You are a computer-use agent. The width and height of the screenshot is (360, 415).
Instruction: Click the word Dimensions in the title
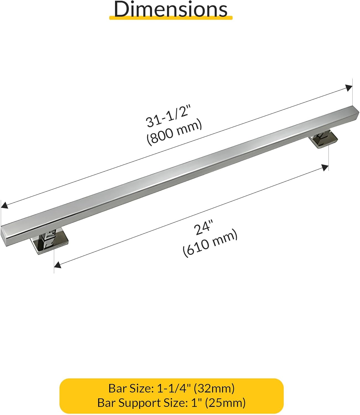171,9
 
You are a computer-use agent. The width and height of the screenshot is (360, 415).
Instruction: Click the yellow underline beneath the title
171,18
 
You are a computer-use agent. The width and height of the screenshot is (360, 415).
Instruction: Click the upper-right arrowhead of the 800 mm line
349,88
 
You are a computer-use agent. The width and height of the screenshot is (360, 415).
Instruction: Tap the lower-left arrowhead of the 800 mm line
4,205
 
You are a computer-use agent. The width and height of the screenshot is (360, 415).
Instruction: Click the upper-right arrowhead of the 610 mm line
325,167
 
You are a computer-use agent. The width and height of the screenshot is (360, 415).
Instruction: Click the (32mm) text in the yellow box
214,388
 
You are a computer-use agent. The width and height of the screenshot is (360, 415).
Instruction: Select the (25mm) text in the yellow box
225,403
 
